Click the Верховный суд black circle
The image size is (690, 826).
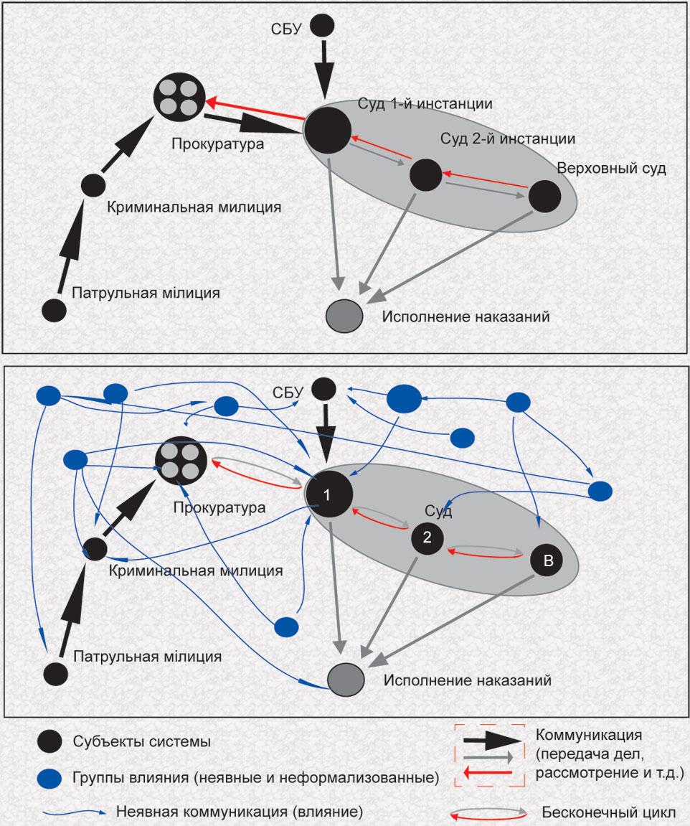pos(544,196)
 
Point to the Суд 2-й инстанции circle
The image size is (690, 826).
pos(425,174)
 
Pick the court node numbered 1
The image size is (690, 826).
pos(328,495)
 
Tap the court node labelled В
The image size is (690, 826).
pos(547,561)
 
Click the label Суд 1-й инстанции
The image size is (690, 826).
pos(425,104)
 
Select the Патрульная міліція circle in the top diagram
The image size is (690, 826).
pos(55,310)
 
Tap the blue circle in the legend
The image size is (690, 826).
pos(51,776)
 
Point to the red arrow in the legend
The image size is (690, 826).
pos(487,772)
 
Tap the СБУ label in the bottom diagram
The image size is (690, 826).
pos(289,392)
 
